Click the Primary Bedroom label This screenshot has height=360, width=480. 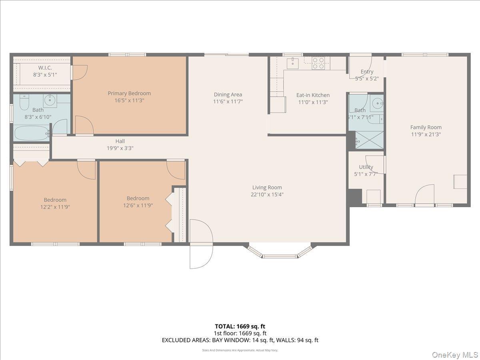coord(129,94)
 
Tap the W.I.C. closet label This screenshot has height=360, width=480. coord(45,68)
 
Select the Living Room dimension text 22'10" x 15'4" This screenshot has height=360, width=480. coord(267,195)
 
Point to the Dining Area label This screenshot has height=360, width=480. coord(228,95)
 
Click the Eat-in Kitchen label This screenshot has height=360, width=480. coord(313,95)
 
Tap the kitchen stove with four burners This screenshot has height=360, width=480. coord(318,63)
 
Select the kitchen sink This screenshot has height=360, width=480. coord(293,62)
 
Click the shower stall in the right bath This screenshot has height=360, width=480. coord(369,140)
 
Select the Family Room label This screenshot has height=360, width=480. coord(426,128)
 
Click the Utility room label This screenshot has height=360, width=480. coord(366,167)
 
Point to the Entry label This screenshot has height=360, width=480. coord(367,72)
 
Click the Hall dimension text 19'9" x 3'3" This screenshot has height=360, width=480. coord(120,148)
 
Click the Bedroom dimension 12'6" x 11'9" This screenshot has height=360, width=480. coord(138,206)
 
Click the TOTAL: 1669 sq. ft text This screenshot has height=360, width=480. coord(240,326)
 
